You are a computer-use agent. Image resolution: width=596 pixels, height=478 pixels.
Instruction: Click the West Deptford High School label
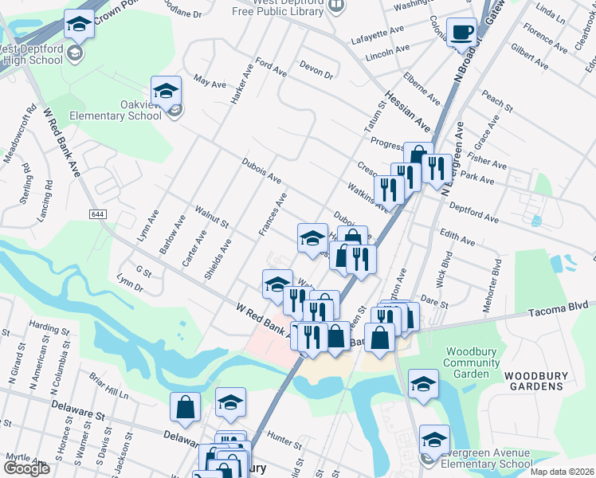pos(33,53)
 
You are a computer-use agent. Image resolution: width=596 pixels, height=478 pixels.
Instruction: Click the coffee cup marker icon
pos(461,32)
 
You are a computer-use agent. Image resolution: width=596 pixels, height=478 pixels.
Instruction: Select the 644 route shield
pos(98,215)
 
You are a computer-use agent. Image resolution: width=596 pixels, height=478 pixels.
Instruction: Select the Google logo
pos(26,468)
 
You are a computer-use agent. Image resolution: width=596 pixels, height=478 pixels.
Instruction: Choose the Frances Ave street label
pos(272,214)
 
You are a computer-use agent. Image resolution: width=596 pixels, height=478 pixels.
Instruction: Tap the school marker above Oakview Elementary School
pos(167,91)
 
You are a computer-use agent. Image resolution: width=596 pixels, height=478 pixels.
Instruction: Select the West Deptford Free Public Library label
pos(288,7)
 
